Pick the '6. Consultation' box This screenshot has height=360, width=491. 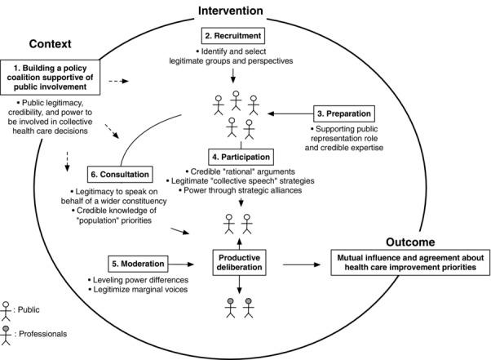122,175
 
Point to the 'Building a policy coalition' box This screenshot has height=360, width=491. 55,75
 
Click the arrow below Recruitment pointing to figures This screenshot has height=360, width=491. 235,76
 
